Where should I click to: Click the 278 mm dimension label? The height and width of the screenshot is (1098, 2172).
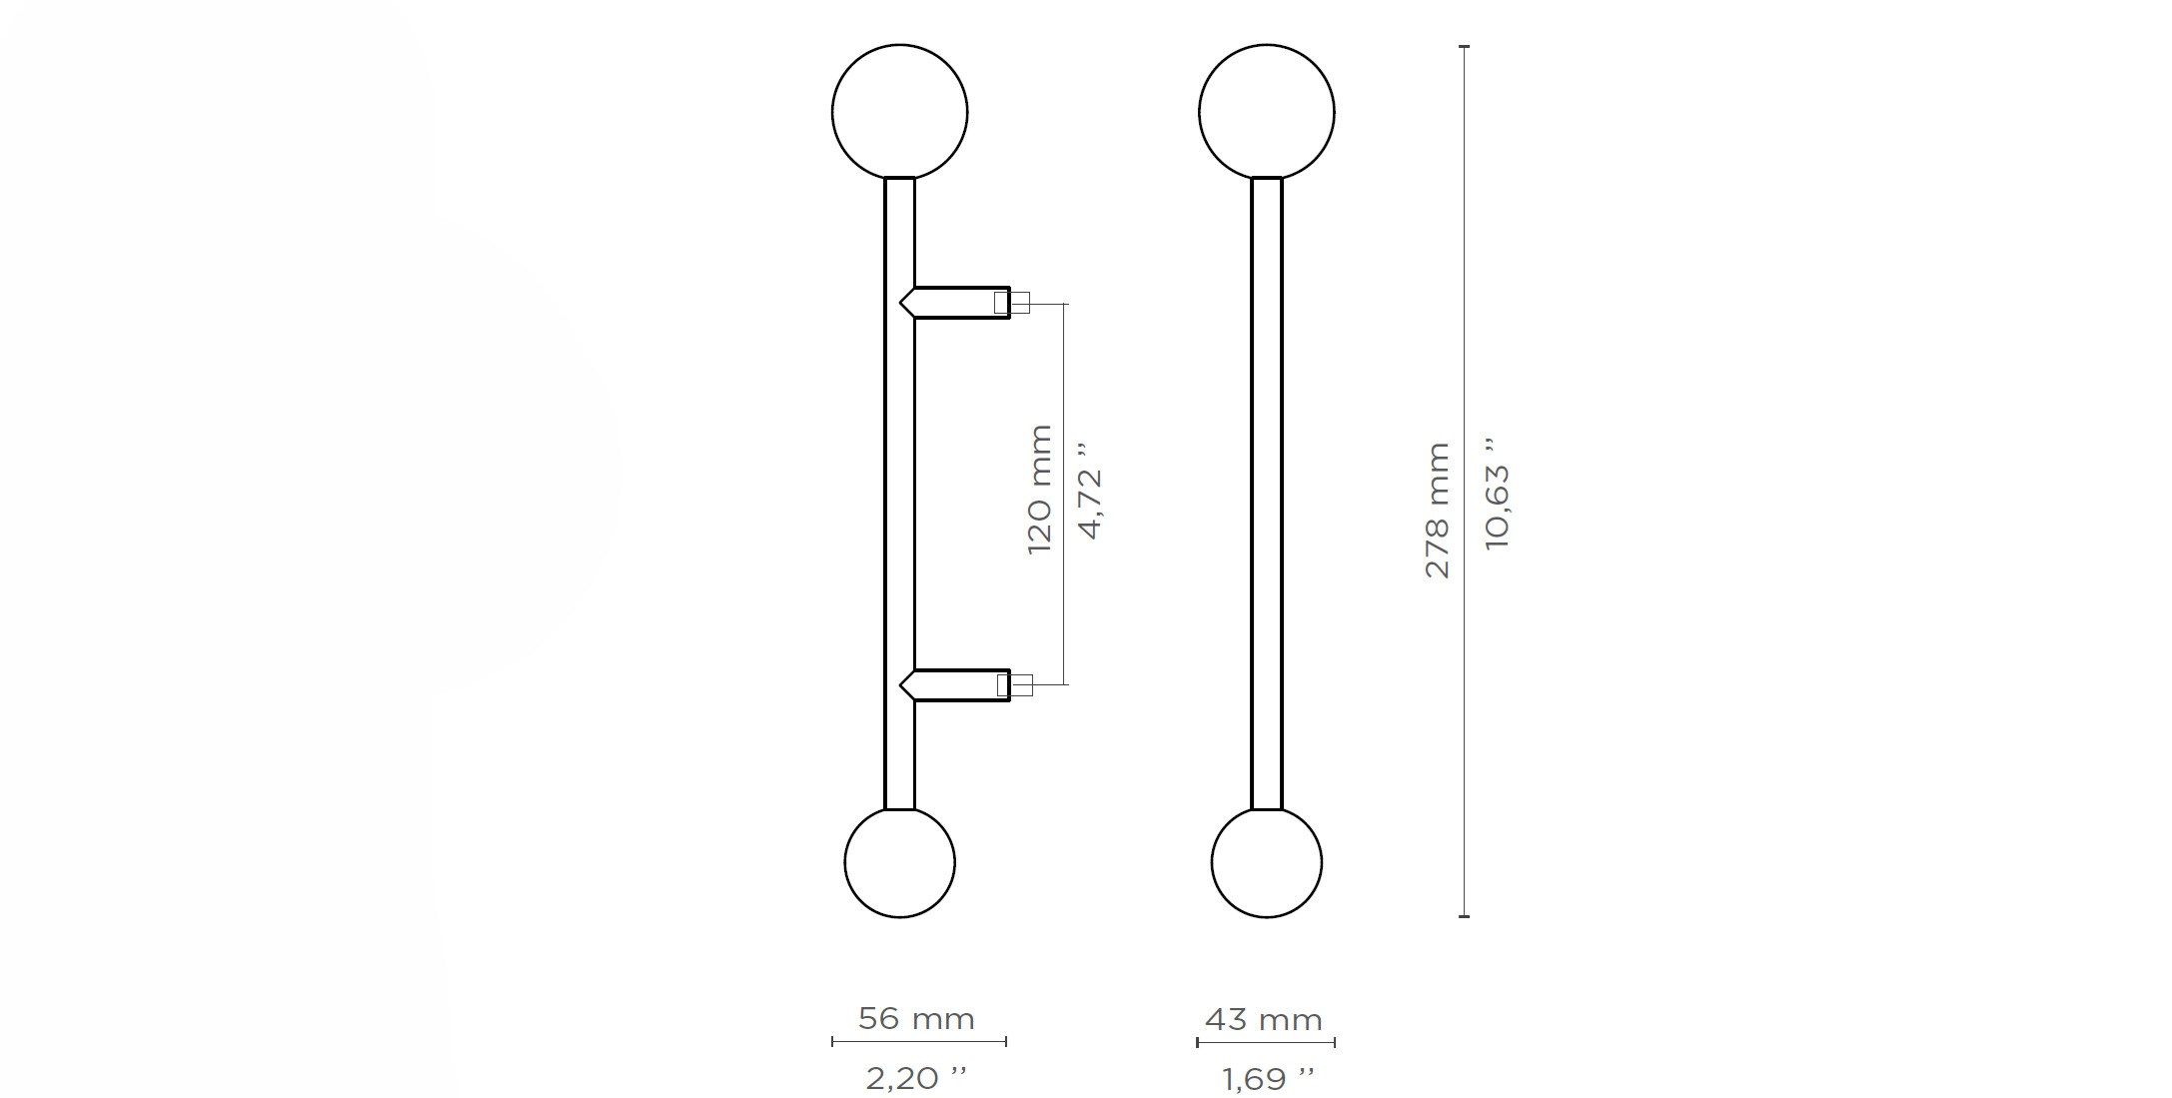pyautogui.click(x=1437, y=511)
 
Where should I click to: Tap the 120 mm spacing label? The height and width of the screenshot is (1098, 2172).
pyautogui.click(x=1040, y=490)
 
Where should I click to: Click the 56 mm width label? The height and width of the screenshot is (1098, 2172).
pyautogui.click(x=916, y=1019)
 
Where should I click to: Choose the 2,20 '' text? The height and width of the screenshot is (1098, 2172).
pyautogui.click(x=916, y=1078)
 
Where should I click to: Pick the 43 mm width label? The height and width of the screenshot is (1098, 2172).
pyautogui.click(x=1264, y=1020)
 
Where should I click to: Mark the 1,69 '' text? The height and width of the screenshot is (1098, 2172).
pyautogui.click(x=1267, y=1079)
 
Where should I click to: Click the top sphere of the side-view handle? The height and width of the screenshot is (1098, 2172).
pyautogui.click(x=899, y=111)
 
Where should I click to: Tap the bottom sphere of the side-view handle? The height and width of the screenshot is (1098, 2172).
pyautogui.click(x=899, y=862)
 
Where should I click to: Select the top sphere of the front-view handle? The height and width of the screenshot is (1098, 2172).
pyautogui.click(x=1266, y=111)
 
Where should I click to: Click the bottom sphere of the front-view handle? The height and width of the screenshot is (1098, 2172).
pyautogui.click(x=1266, y=862)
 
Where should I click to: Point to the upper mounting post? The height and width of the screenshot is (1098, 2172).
pyautogui.click(x=959, y=302)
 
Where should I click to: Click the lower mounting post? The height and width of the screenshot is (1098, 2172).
pyautogui.click(x=959, y=684)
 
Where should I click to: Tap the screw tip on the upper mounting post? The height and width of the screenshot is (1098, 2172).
pyautogui.click(x=1021, y=302)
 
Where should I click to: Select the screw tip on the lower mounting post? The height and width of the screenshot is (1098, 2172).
pyautogui.click(x=1021, y=685)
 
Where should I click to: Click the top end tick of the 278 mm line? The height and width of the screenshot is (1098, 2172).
pyautogui.click(x=1465, y=47)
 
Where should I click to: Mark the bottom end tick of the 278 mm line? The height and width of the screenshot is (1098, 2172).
pyautogui.click(x=1465, y=915)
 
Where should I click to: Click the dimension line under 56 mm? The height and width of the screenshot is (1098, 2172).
pyautogui.click(x=918, y=1042)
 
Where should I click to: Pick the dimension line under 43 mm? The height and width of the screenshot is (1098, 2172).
pyautogui.click(x=1266, y=1042)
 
